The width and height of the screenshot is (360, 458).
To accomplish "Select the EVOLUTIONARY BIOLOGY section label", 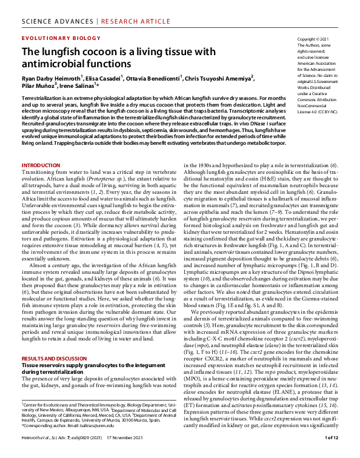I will point(53,37).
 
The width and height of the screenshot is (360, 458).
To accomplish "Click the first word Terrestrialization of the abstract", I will point(43,98).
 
